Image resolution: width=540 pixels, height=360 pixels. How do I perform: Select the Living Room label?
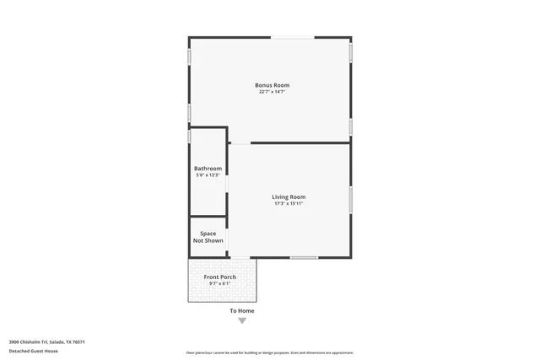pos(289,196)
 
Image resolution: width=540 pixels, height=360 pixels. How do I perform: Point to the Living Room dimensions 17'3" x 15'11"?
pos(289,203)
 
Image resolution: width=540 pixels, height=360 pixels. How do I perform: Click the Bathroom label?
pos(208,168)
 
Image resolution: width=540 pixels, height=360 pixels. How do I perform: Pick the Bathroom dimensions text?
pos(208,175)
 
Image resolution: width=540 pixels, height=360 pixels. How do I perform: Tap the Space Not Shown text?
pos(208,237)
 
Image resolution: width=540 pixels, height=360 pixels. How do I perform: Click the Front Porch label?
pos(219,277)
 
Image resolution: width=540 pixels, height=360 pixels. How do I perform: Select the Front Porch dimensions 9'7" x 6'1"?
pos(219,283)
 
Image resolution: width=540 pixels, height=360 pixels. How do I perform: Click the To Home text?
pos(242,311)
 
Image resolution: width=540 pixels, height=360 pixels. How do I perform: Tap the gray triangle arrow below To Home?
pos(242,320)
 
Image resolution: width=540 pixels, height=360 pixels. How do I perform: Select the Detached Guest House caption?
pos(30,351)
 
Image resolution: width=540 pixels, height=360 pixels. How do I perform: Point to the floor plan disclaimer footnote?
pos(269,352)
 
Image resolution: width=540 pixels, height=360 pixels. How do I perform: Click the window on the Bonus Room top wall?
pos(294,37)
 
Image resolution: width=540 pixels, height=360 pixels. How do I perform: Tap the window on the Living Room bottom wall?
pos(304,257)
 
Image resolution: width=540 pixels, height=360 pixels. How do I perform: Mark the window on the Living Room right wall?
pos(350,198)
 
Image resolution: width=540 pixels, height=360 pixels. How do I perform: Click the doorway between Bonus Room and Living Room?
pos(240,142)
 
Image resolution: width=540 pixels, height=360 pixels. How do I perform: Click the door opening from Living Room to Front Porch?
pos(240,257)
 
